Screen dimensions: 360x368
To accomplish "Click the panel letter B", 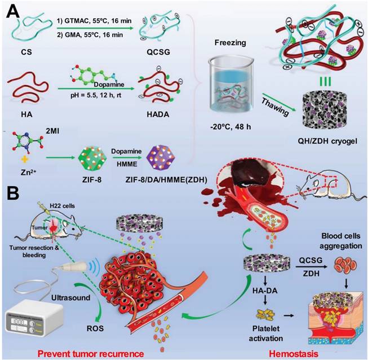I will [14, 199].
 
